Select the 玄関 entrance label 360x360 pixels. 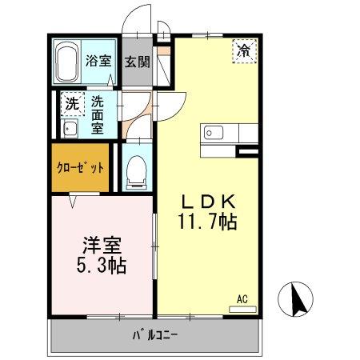(x=138, y=61)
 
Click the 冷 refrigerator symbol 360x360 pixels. (x=244, y=51)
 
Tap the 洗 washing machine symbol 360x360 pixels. (x=71, y=103)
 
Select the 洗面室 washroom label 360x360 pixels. (x=97, y=114)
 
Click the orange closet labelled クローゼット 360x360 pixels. (x=80, y=167)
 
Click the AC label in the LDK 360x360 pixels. (x=242, y=301)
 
